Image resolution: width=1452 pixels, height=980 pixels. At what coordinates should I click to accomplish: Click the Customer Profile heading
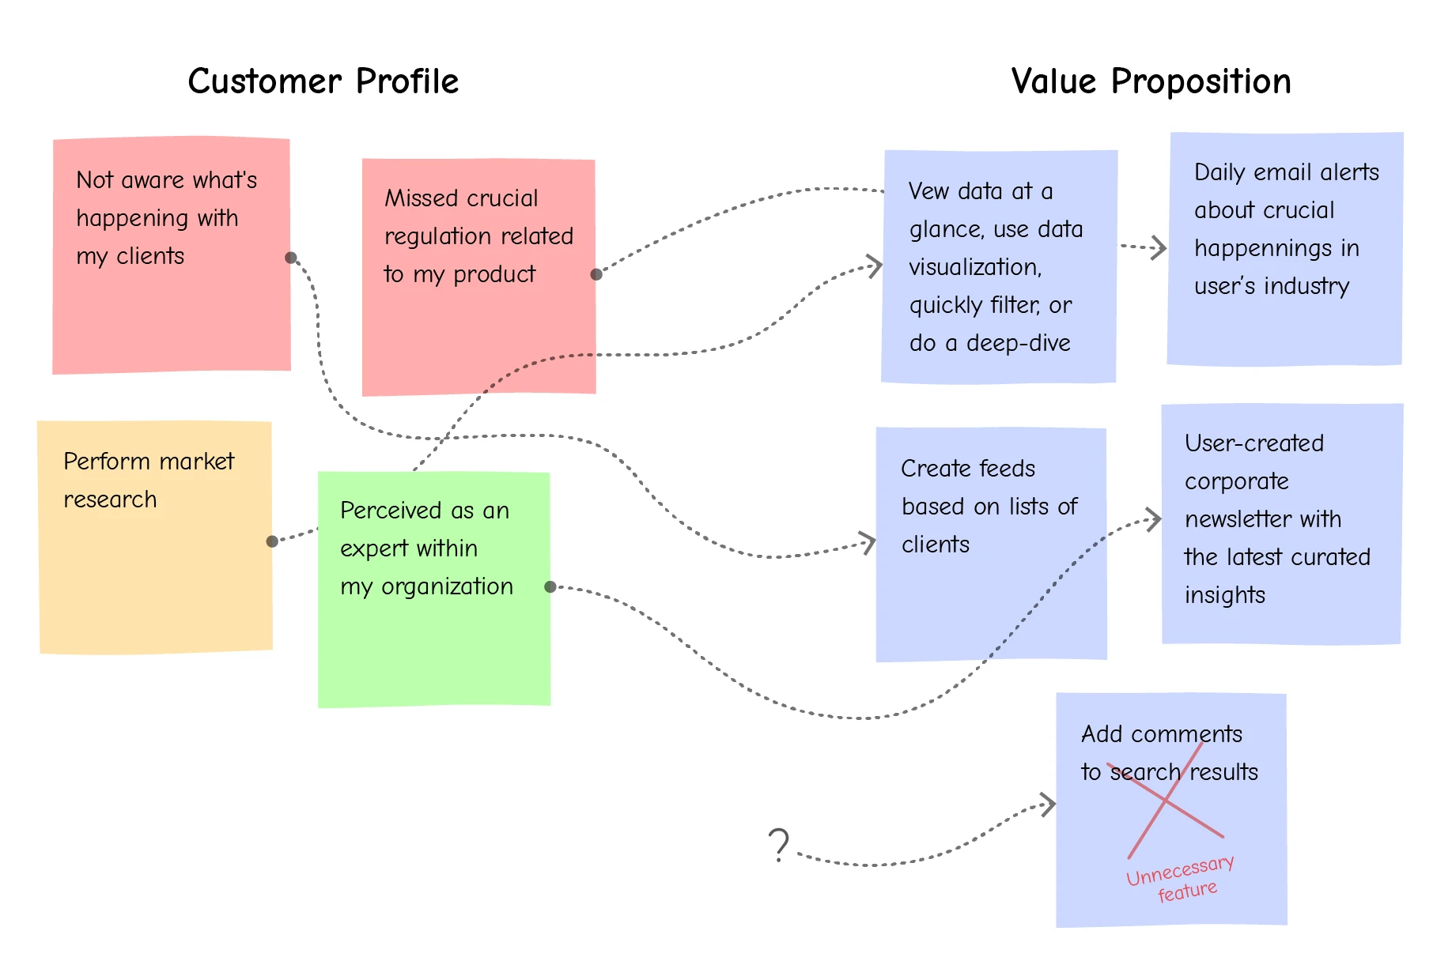point(323,81)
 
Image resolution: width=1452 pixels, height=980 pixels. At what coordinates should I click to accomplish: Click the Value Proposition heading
point(1151,81)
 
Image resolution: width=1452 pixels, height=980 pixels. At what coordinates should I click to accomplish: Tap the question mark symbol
point(779,844)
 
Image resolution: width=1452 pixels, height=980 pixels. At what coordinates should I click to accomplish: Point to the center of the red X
point(1166,801)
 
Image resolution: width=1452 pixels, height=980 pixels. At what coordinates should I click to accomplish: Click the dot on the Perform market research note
point(272,541)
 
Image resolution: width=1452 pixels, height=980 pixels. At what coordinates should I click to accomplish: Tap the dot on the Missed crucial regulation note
point(596,274)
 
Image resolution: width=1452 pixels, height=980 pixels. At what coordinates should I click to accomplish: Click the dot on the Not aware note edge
point(291,258)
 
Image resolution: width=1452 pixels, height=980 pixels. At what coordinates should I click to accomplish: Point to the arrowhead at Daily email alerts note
point(1161,248)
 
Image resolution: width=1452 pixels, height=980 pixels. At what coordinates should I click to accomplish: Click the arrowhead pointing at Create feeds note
point(870,542)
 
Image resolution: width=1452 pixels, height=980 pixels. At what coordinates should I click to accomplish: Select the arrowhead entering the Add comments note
point(1049,805)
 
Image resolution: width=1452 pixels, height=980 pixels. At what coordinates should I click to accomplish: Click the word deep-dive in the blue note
point(1018,343)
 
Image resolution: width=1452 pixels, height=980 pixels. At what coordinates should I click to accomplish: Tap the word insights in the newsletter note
point(1224,595)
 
